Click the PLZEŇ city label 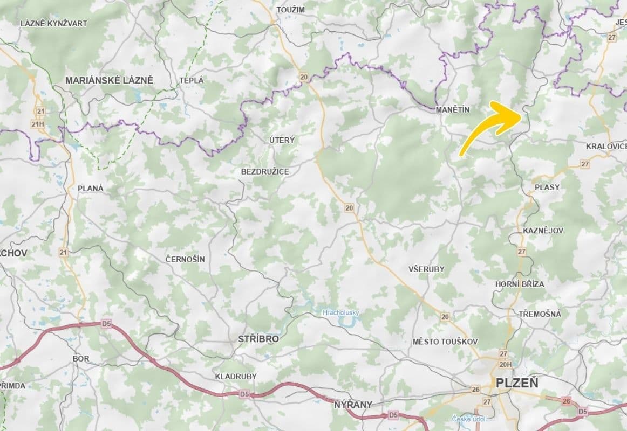tap(516, 383)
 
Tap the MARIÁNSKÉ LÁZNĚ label tap(109, 80)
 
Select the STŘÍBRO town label tap(258, 339)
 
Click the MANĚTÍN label tap(452, 109)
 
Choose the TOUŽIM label tap(290, 10)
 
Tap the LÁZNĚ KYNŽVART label tap(53, 23)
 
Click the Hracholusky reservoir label tap(340, 312)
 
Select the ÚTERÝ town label tap(282, 140)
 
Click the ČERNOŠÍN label tap(185, 259)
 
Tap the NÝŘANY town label tap(353, 404)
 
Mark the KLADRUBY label tap(236, 376)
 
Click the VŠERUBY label tap(426, 268)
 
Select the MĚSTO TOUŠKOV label tap(445, 342)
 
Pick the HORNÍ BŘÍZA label tap(520, 284)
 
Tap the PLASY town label tap(547, 187)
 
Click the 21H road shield tap(38, 124)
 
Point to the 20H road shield tap(505, 364)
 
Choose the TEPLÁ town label tap(192, 80)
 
